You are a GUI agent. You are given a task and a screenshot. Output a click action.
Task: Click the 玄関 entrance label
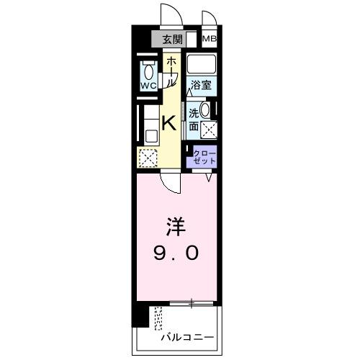point(171,40)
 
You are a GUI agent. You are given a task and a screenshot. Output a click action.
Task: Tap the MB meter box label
point(210,39)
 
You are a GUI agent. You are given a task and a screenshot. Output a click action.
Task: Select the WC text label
point(148,86)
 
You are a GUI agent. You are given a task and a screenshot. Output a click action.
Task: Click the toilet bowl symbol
point(148,71)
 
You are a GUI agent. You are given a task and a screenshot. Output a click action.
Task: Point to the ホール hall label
point(171,73)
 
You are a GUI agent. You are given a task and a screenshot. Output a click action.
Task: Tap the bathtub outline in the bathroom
point(202,64)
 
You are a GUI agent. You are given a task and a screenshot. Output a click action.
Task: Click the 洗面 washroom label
point(194,120)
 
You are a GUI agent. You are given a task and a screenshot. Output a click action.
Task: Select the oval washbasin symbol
point(207,112)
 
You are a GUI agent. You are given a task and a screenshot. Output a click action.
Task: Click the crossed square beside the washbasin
point(210,130)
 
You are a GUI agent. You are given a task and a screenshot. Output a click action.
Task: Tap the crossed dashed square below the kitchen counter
point(148,157)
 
